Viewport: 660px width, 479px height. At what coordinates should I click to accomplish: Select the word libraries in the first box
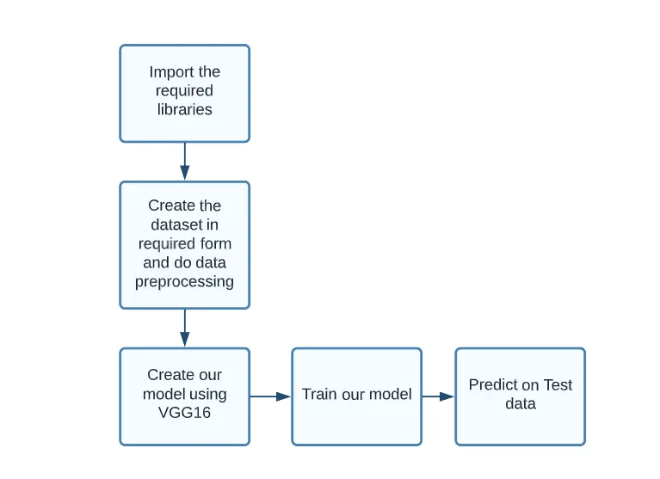pyautogui.click(x=184, y=109)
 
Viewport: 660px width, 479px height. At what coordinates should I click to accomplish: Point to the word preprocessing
pyautogui.click(x=184, y=281)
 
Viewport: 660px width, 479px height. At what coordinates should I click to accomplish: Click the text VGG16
pyautogui.click(x=184, y=413)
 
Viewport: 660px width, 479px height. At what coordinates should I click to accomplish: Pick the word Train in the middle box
pyautogui.click(x=319, y=395)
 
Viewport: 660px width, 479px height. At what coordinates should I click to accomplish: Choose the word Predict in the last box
pyautogui.click(x=492, y=385)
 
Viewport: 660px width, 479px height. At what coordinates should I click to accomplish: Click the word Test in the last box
pyautogui.click(x=558, y=385)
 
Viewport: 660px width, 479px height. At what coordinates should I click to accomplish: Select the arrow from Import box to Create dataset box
pyautogui.click(x=184, y=161)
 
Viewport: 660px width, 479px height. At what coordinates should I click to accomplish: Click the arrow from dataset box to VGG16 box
pyautogui.click(x=184, y=328)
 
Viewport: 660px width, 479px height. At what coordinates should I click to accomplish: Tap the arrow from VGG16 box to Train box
pyautogui.click(x=270, y=396)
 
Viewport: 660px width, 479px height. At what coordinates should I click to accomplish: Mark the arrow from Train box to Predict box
pyautogui.click(x=438, y=396)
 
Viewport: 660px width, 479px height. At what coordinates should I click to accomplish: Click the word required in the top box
pyautogui.click(x=184, y=91)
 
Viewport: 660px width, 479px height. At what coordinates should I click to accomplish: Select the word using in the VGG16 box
pyautogui.click(x=209, y=394)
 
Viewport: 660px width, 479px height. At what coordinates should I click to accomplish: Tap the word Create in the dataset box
pyautogui.click(x=172, y=206)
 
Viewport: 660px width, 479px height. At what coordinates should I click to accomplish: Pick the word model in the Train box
pyautogui.click(x=391, y=395)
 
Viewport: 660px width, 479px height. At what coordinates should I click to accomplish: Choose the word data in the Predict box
pyautogui.click(x=521, y=404)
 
